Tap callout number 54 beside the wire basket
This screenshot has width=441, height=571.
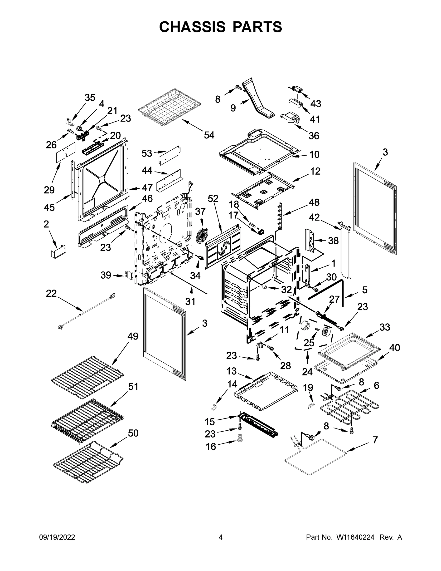pos(209,135)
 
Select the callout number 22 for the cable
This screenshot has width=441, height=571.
pos(51,293)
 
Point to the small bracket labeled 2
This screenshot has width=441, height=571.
pos(58,252)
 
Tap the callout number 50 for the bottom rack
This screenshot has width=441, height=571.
pos(133,433)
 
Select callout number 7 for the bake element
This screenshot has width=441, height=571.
pos(375,440)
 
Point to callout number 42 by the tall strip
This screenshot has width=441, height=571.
pos(314,217)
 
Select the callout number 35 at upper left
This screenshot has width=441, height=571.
pos(90,98)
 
